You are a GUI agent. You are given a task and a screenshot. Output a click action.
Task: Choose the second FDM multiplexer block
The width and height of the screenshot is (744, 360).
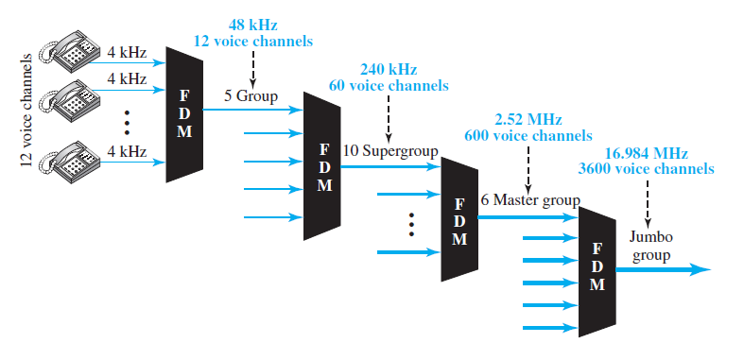[x=322, y=166]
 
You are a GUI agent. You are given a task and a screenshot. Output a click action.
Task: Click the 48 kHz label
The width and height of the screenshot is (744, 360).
[x=253, y=24]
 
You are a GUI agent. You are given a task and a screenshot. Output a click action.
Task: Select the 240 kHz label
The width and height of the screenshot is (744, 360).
[x=389, y=69]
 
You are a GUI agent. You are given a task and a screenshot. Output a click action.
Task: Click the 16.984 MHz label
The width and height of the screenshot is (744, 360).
[x=646, y=153]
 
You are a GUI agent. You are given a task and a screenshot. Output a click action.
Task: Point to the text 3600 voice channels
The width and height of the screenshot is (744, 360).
[x=646, y=169]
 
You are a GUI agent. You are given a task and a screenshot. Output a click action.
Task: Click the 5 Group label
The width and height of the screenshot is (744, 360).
[x=250, y=95]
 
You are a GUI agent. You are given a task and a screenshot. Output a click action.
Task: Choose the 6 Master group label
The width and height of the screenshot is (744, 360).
[x=529, y=200]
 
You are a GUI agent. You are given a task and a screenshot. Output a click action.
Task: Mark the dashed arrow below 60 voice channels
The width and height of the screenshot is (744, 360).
[x=389, y=113]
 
